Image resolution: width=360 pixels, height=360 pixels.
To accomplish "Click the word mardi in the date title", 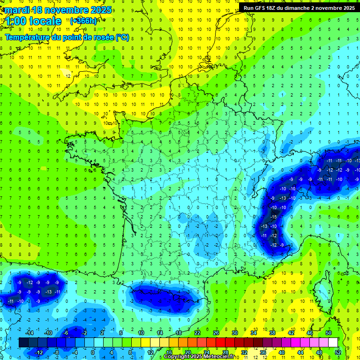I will pyautogui.click(x=15, y=10).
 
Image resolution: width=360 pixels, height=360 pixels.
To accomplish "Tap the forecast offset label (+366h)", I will pyautogui.click(x=83, y=21).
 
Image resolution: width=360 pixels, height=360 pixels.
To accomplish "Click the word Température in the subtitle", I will pyautogui.click(x=28, y=37).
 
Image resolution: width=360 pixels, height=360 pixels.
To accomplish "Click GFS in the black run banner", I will pyautogui.click(x=262, y=8).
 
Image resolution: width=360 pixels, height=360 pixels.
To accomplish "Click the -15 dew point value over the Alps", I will pyautogui.click(x=273, y=217).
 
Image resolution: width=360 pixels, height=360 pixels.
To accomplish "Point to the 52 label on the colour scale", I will pyautogui.click(x=338, y=352).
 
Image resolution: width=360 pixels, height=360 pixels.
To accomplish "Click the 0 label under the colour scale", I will pyautogui.click(x=93, y=352).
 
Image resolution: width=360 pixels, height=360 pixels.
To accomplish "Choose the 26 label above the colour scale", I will pyautogui.click(x=216, y=333).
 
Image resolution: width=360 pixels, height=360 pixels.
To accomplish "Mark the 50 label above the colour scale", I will pyautogui.click(x=329, y=333).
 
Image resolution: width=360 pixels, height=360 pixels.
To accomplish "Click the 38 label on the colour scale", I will pyautogui.click(x=272, y=333).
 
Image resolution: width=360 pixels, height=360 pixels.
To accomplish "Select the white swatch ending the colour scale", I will pyautogui.click(x=333, y=343).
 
